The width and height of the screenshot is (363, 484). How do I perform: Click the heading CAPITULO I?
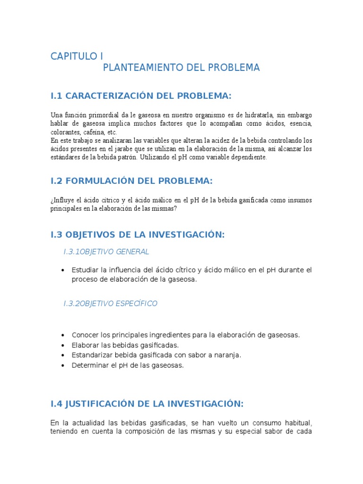click(x=77, y=56)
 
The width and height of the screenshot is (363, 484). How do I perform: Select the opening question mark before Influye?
click(x=52, y=200)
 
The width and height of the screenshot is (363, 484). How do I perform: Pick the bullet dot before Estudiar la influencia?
click(x=63, y=270)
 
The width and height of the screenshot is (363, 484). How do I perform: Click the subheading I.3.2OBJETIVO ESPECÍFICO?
click(x=110, y=303)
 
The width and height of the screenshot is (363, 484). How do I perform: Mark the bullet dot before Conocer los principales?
click(x=63, y=335)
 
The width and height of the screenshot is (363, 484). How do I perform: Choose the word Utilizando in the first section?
click(x=155, y=157)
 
